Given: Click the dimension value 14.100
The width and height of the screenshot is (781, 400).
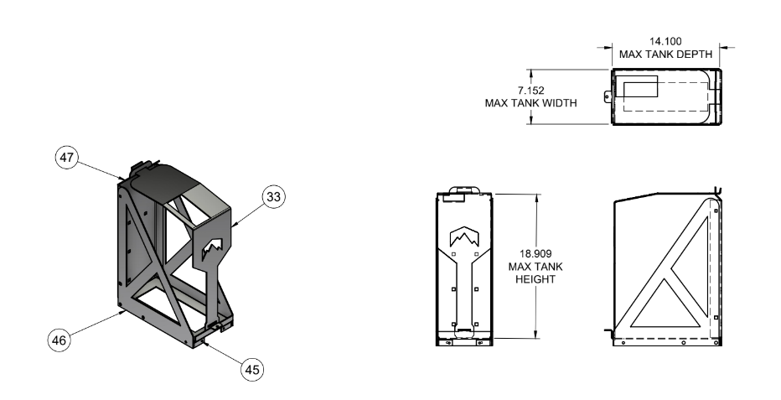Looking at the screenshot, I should (665, 39).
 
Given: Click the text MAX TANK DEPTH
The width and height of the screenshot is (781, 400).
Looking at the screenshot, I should (665, 55).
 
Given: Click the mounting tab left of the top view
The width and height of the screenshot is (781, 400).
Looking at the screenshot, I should (607, 96).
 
